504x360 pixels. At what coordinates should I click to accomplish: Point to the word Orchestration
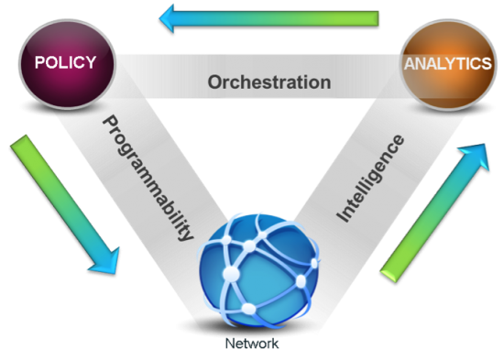(x=268, y=82)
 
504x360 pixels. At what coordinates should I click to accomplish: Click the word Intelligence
(x=372, y=179)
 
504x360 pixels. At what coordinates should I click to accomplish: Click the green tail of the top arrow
(x=362, y=18)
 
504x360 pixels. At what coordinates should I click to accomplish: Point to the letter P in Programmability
(x=106, y=123)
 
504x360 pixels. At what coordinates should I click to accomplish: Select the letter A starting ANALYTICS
(x=409, y=65)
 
